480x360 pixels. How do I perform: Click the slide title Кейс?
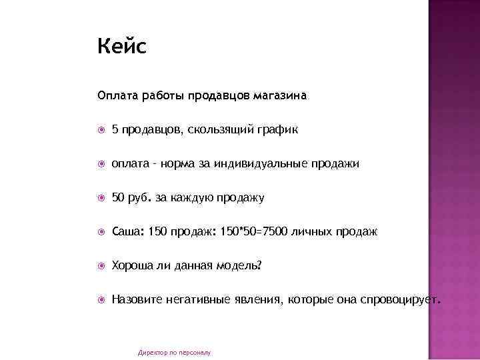pyautogui.click(x=121, y=47)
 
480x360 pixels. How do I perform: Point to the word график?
pyautogui.click(x=276, y=129)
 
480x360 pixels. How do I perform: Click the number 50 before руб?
pyautogui.click(x=118, y=197)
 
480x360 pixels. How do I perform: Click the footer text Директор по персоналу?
pyautogui.click(x=174, y=352)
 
